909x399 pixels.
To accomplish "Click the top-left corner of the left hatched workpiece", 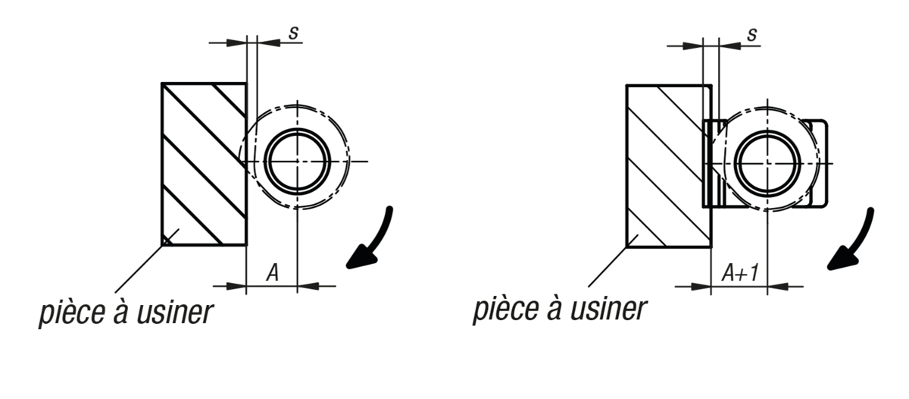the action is tap(162, 83).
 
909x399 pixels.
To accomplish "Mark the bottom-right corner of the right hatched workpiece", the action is tap(711, 247).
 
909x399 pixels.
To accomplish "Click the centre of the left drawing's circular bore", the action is tap(298, 162).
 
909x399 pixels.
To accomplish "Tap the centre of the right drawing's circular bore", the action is tap(767, 163).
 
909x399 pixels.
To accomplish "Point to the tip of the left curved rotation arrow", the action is tap(347, 266).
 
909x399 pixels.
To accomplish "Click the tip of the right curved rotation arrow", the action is tap(828, 269).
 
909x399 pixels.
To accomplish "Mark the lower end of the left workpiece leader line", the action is tap(115, 292).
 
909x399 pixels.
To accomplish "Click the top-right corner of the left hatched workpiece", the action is tap(246, 83).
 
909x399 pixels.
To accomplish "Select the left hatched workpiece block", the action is tap(204, 164).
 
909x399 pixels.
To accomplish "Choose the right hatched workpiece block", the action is tap(669, 166).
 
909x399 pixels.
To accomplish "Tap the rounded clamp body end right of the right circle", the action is tap(816, 163).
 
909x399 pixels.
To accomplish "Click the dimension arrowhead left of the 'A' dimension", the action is tap(236, 286).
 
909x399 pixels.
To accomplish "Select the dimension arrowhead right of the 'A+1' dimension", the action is tap(777, 287).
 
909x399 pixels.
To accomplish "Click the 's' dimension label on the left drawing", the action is tap(293, 33).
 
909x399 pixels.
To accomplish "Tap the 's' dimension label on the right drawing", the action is tap(752, 35).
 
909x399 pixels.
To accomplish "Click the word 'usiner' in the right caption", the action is tap(608, 309).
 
